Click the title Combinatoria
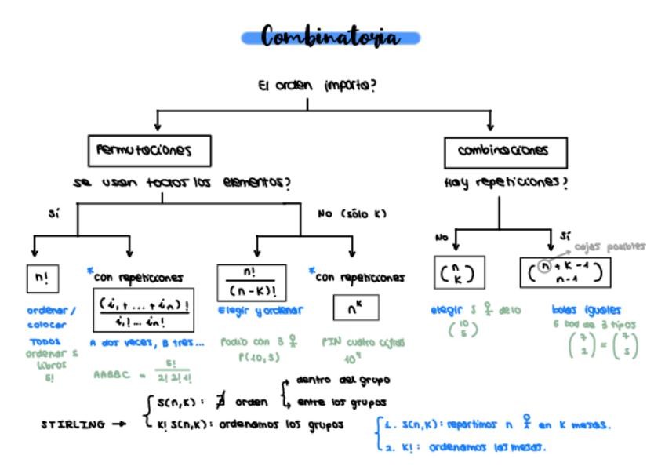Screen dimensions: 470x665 point(330,37)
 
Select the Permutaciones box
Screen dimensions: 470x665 point(149,150)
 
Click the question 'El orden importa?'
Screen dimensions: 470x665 point(316,85)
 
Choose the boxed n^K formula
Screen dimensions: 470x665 point(356,308)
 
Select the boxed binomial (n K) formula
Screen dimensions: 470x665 point(459,272)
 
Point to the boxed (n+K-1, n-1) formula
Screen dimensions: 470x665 point(565,271)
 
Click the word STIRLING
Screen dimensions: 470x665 point(73,424)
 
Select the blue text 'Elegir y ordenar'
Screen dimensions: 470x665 point(260,311)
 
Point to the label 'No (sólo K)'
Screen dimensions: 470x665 point(352,213)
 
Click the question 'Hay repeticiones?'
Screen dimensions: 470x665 point(505,182)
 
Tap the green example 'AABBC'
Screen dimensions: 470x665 point(110,375)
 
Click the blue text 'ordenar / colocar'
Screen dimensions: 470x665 point(51,317)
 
